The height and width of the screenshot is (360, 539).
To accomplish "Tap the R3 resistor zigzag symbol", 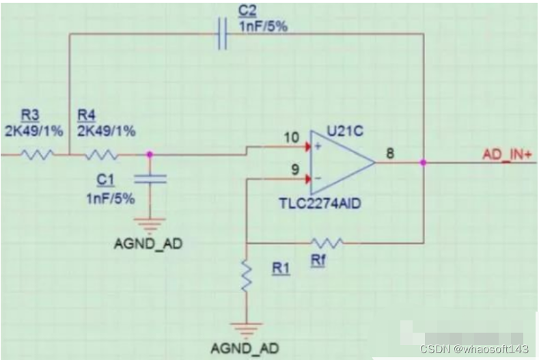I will tap(37, 155).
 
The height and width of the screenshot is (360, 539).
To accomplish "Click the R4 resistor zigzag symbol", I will tap(102, 155).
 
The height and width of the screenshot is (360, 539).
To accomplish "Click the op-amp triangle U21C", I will tap(340, 163).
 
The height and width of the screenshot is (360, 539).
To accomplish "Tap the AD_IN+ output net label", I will tap(507, 154).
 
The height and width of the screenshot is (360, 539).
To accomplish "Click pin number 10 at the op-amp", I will tap(292, 137).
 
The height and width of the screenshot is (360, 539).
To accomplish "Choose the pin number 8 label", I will tap(390, 154).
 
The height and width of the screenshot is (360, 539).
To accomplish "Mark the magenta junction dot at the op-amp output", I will tap(424, 163).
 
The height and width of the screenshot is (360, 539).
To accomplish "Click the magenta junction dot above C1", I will tap(150, 155).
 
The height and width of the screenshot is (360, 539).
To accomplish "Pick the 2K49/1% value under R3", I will tap(32, 130).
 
